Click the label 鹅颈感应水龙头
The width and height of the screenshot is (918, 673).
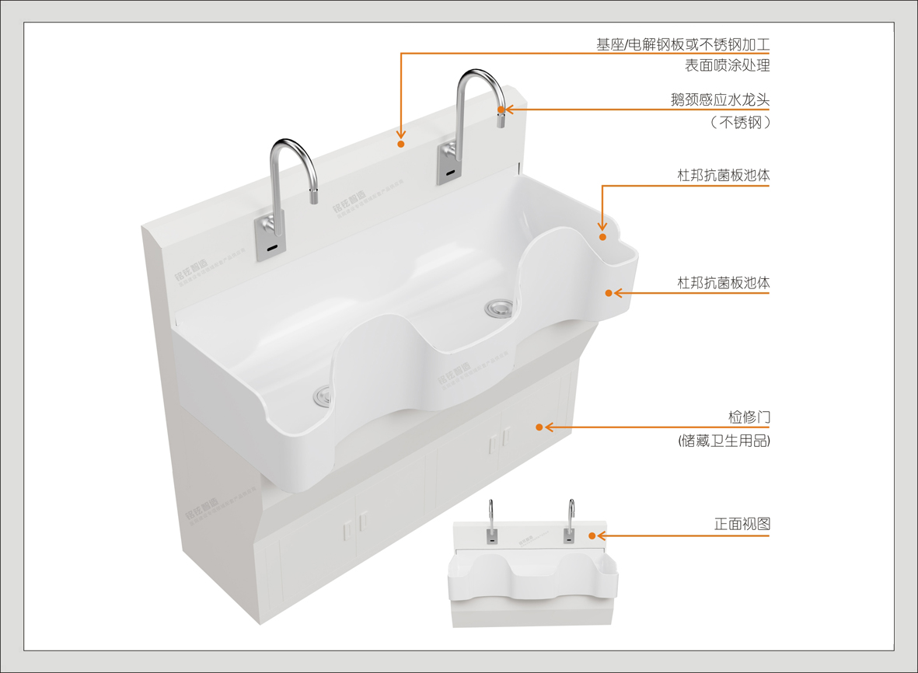click(x=720, y=99)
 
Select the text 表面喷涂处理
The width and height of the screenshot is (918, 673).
click(x=727, y=66)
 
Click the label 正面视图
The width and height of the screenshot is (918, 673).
click(x=742, y=525)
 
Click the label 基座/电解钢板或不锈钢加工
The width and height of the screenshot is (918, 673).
click(x=682, y=44)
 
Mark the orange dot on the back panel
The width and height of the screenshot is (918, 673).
click(x=401, y=143)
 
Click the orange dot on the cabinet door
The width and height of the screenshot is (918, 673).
click(x=538, y=427)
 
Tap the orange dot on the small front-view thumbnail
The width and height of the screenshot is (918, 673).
click(x=592, y=535)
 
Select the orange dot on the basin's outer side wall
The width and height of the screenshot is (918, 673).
click(x=609, y=292)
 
